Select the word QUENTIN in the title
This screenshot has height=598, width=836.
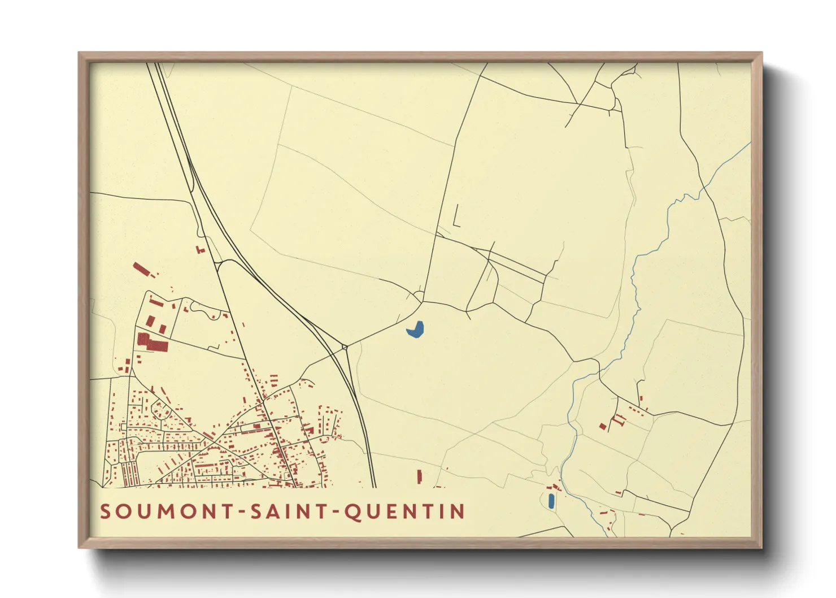(x=404, y=512)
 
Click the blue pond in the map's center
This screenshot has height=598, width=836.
(x=415, y=330)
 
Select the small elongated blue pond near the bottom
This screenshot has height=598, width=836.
(x=551, y=500)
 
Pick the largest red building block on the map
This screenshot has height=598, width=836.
(x=151, y=342)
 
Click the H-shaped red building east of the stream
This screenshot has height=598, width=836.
(x=619, y=419)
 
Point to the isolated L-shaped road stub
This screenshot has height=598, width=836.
(x=456, y=218)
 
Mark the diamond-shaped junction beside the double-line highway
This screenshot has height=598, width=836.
(x=344, y=347)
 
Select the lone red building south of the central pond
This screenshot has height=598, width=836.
(x=419, y=476)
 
